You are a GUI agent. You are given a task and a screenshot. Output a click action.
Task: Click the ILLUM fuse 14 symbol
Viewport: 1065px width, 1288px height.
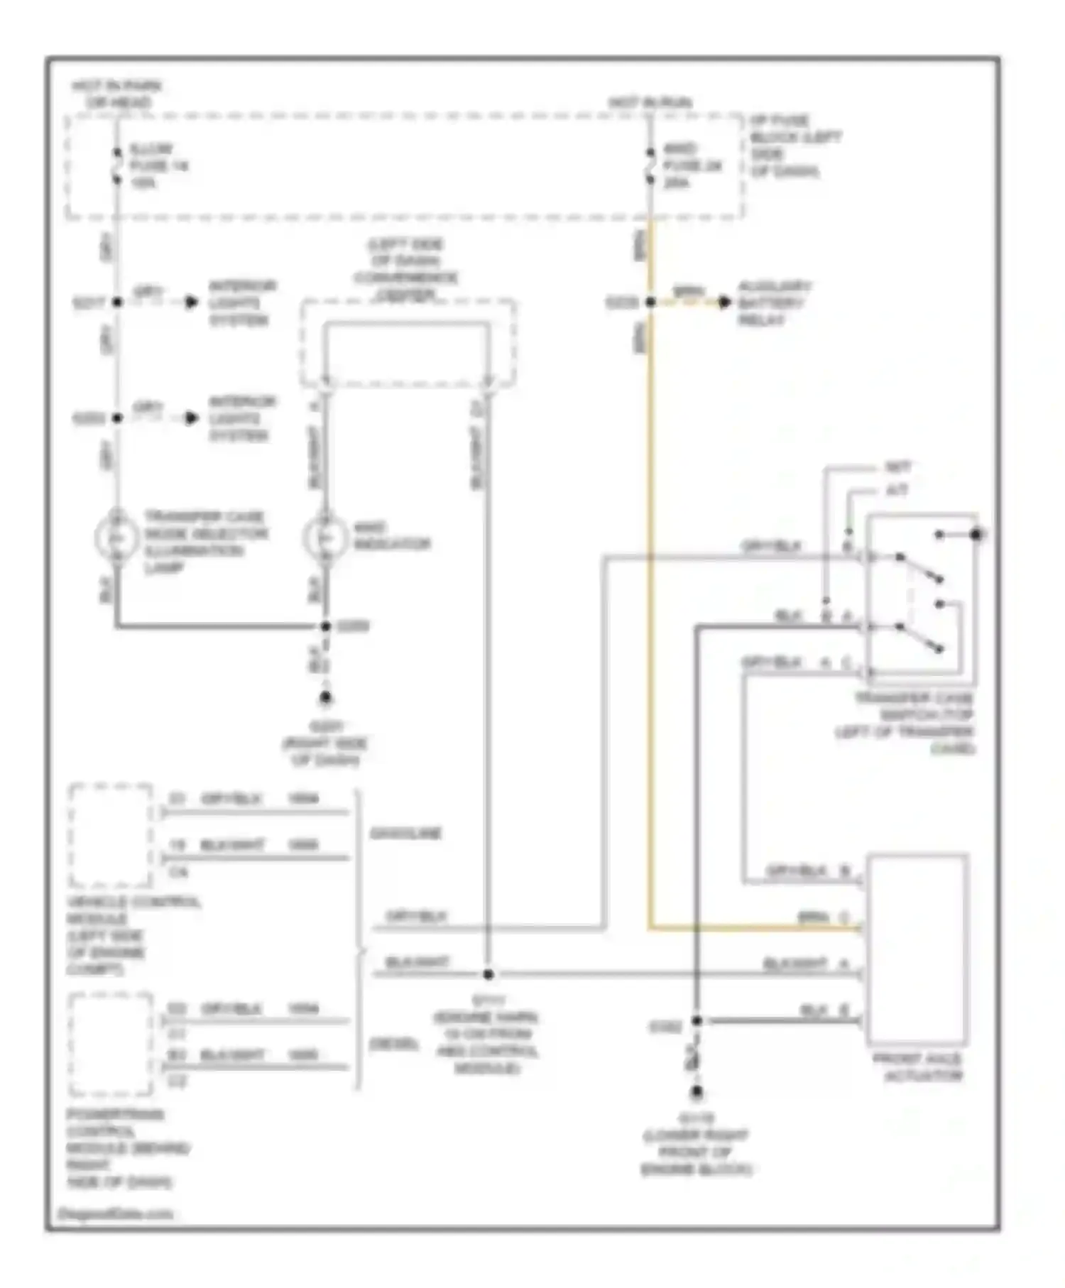point(117,166)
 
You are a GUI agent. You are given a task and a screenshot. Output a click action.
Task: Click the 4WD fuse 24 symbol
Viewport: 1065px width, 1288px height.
point(650,166)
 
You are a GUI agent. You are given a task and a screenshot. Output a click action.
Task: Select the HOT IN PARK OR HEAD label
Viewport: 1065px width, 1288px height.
point(117,94)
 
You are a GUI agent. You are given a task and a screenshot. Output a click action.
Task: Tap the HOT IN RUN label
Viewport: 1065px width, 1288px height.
point(650,103)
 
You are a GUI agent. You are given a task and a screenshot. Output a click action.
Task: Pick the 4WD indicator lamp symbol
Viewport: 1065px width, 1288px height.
point(325,538)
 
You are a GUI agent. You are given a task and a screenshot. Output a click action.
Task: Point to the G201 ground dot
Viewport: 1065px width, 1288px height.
point(325,698)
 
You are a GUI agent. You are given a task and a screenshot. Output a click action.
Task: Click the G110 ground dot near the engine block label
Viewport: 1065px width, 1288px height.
point(697,1093)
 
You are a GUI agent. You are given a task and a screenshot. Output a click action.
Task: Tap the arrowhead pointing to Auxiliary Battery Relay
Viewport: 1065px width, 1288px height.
point(724,302)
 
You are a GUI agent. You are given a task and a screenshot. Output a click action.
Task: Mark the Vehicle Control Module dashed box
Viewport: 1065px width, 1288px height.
point(111,835)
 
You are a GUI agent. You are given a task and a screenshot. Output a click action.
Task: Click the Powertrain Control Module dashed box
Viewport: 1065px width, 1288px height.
point(111,1044)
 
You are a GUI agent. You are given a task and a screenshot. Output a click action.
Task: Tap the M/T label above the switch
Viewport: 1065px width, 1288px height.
point(897,467)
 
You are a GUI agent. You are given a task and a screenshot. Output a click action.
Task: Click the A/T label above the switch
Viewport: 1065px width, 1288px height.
point(897,490)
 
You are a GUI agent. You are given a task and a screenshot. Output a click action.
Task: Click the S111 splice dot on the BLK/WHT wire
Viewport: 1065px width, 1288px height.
point(488,974)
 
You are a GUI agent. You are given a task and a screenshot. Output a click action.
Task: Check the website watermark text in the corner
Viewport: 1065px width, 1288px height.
point(116,1213)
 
